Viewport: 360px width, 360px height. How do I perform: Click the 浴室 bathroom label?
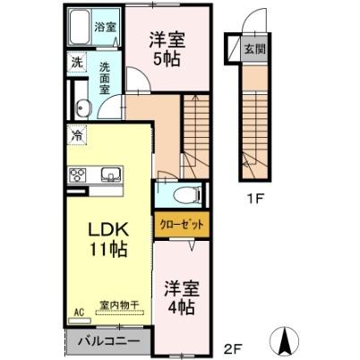106,28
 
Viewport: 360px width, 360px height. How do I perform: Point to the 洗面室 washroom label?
105,78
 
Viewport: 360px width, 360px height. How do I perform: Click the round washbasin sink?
85,108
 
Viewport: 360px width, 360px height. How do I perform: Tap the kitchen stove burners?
76,174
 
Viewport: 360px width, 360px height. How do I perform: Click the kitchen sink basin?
110,174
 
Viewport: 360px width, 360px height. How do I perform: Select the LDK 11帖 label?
107,239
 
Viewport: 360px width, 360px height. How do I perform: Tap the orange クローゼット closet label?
182,225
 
